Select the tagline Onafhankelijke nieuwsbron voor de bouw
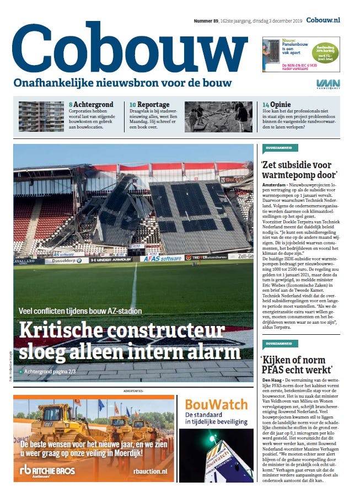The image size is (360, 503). pyautogui.click(x=122, y=83)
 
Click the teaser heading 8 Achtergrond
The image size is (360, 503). pyautogui.click(x=91, y=104)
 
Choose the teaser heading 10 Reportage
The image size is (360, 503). pyautogui.click(x=149, y=104)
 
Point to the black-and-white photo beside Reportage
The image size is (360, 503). pyautogui.click(x=218, y=116)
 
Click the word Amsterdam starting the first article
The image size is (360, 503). pyautogui.click(x=272, y=183)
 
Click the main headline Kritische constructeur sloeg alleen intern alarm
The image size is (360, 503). pyautogui.click(x=130, y=341)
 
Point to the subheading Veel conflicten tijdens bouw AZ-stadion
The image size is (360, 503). pyautogui.click(x=80, y=311)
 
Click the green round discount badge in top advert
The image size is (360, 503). pyautogui.click(x=325, y=52)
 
